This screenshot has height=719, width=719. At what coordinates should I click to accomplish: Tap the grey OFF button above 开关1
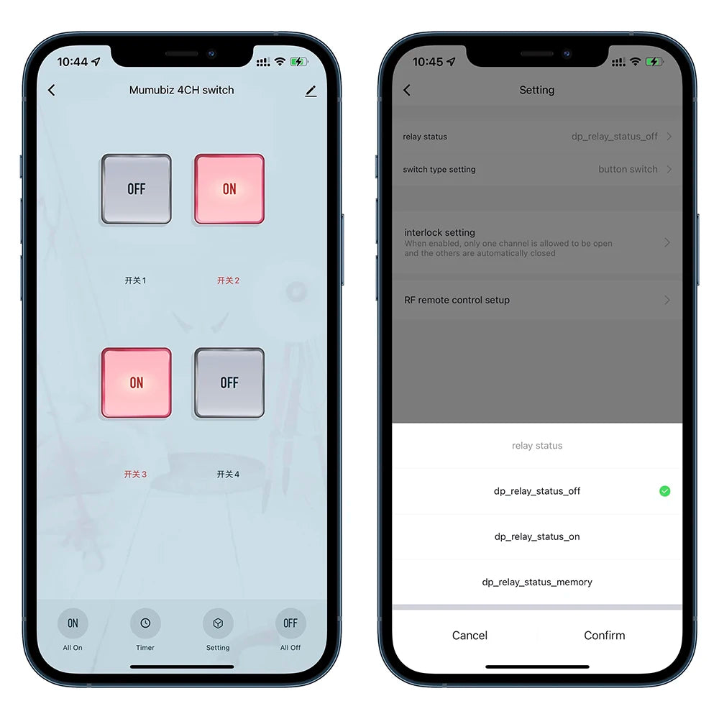click(x=136, y=189)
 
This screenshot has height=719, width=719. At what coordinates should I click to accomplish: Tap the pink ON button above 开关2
click(x=229, y=189)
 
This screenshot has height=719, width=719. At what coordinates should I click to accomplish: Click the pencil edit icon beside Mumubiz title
click(x=311, y=91)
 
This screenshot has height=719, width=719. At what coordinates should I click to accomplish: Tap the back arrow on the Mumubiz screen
click(x=51, y=91)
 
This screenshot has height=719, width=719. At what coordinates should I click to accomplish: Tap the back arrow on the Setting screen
click(x=407, y=91)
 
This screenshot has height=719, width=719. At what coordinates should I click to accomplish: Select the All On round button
click(x=73, y=623)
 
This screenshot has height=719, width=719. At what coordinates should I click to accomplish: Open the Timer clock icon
click(x=145, y=623)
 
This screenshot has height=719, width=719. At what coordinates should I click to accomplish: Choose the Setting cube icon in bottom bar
click(x=218, y=623)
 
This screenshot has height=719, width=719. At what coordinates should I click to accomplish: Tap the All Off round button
click(x=290, y=623)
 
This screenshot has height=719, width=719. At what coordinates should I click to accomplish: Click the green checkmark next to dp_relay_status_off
click(x=664, y=491)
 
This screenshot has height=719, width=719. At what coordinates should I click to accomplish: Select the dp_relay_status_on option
click(x=537, y=536)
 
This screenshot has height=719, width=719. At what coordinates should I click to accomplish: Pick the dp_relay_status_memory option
click(x=537, y=582)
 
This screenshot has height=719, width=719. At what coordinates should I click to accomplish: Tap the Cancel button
click(x=470, y=635)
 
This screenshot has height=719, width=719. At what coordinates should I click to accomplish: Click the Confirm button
click(x=605, y=635)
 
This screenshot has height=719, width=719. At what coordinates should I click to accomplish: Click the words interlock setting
click(x=439, y=232)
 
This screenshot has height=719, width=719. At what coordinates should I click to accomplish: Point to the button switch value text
click(x=628, y=169)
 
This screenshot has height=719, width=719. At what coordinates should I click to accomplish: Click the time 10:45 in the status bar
click(x=428, y=62)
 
